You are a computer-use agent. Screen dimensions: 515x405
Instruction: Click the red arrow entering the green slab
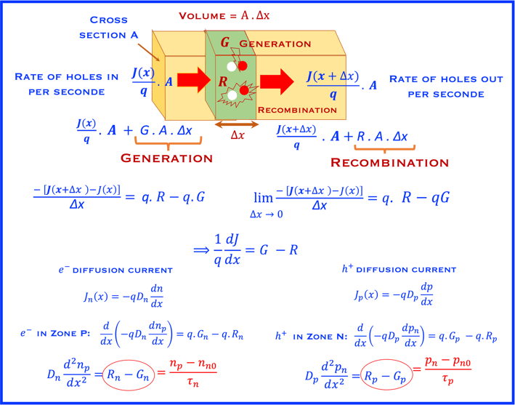(193, 80)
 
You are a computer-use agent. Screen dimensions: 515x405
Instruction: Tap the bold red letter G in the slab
(224, 42)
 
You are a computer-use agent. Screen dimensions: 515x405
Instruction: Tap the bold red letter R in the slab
(223, 82)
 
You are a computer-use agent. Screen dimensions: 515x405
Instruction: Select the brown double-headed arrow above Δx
(237, 124)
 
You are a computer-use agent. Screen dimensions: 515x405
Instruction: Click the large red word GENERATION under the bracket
(167, 158)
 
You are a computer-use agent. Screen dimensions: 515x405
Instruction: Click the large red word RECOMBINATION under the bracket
(389, 162)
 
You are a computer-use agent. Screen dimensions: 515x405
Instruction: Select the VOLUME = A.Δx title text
(224, 16)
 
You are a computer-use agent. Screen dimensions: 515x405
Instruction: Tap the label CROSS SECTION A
(109, 28)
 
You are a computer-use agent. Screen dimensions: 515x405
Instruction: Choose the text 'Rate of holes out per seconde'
(446, 87)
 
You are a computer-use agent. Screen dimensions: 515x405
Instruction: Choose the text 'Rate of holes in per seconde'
(66, 84)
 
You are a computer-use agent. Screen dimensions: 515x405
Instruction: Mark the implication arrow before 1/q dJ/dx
(202, 250)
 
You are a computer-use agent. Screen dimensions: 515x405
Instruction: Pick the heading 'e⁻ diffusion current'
(115, 270)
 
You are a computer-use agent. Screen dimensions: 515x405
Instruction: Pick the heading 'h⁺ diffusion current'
(399, 269)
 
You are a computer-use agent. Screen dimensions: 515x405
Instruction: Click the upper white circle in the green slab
(232, 67)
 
